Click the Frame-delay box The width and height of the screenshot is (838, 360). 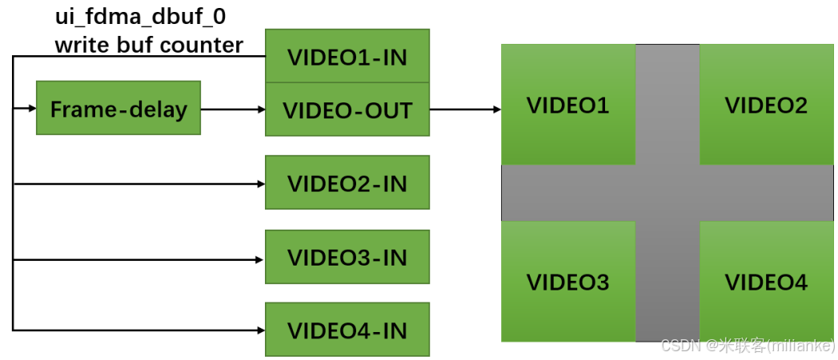[x=118, y=108]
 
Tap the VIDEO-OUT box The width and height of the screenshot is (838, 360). [x=347, y=110]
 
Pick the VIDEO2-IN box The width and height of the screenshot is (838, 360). [x=347, y=183]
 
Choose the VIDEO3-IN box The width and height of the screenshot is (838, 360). [x=347, y=257]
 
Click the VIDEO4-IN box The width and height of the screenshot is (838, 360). [x=347, y=330]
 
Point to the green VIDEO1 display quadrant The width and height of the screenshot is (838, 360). [x=567, y=105]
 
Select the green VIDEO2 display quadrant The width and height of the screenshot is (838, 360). [x=766, y=105]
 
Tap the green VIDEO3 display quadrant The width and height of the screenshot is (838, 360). [x=567, y=282]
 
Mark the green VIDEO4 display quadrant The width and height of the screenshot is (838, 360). [x=766, y=282]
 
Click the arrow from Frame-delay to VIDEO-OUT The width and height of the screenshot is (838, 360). [x=232, y=109]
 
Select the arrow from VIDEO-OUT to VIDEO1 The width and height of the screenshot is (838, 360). [x=465, y=109]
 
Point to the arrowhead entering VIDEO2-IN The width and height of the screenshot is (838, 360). [x=260, y=184]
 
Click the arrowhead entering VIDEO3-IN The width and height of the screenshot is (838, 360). [x=260, y=259]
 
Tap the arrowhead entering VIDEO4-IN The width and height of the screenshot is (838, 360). [x=260, y=330]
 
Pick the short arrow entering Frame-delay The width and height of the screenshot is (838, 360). [x=26, y=109]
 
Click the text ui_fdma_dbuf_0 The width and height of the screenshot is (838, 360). [x=134, y=16]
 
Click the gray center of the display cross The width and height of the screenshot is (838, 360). [x=668, y=193]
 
